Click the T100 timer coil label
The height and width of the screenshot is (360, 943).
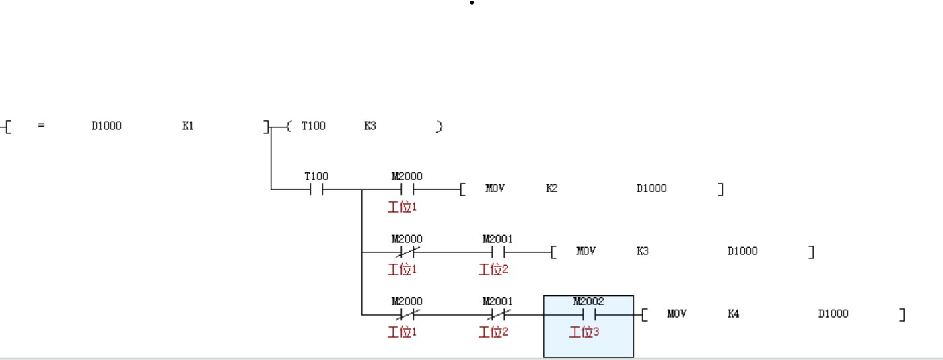coord(313,126)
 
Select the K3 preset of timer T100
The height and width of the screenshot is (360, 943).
coord(370,126)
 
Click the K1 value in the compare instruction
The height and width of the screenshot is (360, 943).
coord(188,126)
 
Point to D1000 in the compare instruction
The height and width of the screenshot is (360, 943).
coord(106,126)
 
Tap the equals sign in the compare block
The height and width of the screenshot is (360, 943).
coord(42,126)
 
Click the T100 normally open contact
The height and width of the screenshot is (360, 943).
coord(316,190)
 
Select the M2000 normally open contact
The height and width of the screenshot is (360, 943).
coord(407,190)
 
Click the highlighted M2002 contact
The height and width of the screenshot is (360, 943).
coord(588,314)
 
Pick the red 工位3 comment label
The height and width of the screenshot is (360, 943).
coord(584,332)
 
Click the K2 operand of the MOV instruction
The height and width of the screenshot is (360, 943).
coord(551,188)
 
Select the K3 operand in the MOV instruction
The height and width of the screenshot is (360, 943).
coord(642,251)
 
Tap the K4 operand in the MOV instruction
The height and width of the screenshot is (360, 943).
coord(733,314)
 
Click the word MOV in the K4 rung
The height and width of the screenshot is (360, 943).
coord(676,314)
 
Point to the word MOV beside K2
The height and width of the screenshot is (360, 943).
coord(495,188)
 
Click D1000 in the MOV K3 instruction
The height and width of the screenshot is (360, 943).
coord(742,251)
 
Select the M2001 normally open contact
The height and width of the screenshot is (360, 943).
coord(497,252)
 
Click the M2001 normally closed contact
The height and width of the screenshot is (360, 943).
coord(497,314)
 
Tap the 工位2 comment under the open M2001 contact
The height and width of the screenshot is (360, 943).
coord(493,269)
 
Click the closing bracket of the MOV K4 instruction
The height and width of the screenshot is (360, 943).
coord(902,314)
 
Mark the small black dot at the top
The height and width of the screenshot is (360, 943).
coord(472,3)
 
